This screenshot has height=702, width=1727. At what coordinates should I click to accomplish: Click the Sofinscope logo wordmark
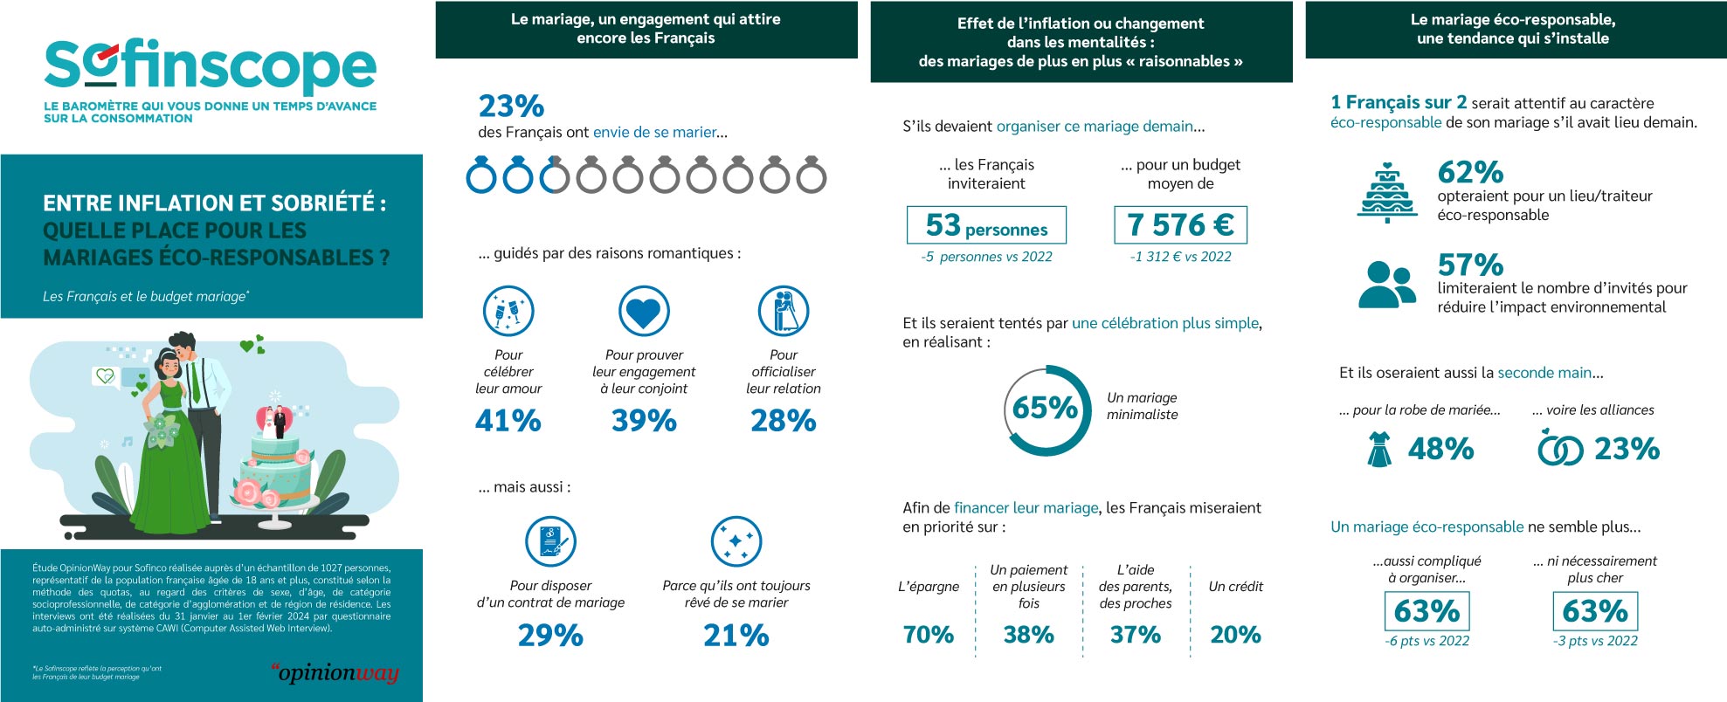210,66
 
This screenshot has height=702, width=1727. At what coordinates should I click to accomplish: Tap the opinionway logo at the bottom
335,672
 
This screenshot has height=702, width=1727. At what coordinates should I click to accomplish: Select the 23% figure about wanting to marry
511,107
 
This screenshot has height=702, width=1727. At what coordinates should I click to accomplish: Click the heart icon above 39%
644,312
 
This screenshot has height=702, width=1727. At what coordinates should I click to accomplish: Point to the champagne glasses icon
508,312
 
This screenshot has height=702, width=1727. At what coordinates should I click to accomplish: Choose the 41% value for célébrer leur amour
508,421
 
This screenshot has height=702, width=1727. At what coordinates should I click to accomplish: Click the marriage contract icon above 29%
550,541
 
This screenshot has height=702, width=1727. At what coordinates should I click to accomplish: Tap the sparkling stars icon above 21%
736,541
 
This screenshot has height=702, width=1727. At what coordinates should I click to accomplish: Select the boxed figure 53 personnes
986,225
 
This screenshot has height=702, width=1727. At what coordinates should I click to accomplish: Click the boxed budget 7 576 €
1180,225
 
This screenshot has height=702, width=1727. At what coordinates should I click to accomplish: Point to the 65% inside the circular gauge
1045,408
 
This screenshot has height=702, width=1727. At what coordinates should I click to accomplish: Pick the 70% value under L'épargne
928,635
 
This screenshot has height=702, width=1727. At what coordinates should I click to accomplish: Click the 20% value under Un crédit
1234,635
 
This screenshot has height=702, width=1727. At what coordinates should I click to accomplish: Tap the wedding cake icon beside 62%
1386,193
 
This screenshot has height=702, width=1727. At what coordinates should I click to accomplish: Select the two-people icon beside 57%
1386,284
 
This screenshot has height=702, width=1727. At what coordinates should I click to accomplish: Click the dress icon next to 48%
1378,449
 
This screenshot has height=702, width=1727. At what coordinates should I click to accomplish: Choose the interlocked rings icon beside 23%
1559,449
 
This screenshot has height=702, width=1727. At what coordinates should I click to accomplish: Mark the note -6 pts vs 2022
1427,641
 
